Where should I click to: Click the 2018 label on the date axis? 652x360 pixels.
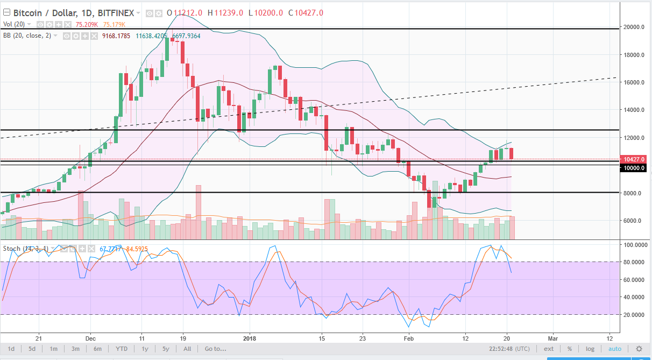click(250, 338)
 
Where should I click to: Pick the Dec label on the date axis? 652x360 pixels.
click(91, 338)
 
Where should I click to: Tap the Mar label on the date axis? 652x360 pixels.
click(552, 338)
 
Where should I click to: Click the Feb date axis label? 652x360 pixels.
click(409, 338)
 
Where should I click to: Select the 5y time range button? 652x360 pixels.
click(166, 349)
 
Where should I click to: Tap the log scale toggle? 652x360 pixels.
click(590, 349)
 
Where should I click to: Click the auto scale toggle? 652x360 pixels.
click(615, 349)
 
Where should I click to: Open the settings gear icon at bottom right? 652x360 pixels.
click(639, 349)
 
